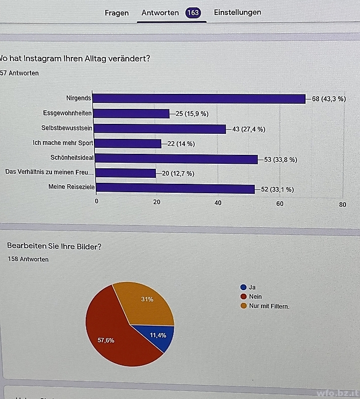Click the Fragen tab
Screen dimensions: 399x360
(x=116, y=13)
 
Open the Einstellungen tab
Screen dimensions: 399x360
(x=237, y=12)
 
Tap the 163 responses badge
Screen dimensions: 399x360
(x=193, y=13)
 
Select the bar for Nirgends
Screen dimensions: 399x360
(x=199, y=99)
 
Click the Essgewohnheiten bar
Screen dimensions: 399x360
(x=131, y=114)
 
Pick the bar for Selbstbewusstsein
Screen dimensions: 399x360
(x=159, y=129)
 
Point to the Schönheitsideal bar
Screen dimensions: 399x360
(x=175, y=159)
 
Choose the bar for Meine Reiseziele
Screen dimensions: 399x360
(x=174, y=189)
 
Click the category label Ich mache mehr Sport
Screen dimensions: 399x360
(x=63, y=143)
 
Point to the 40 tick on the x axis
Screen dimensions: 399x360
(x=218, y=203)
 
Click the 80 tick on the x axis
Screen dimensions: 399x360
(x=342, y=204)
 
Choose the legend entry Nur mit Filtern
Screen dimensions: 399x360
(x=269, y=306)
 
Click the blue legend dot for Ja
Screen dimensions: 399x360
(x=243, y=287)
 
